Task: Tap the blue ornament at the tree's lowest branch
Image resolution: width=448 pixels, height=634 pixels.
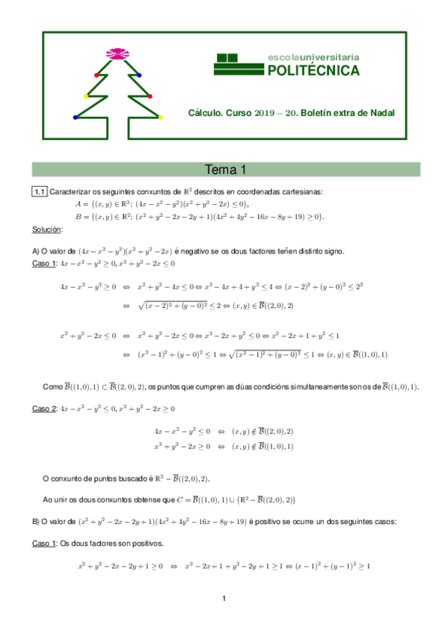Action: pyautogui.click(x=76, y=117)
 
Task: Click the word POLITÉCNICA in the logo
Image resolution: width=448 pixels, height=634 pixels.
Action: pyautogui.click(x=313, y=71)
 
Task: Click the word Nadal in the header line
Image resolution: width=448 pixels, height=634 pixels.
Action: pyautogui.click(x=379, y=113)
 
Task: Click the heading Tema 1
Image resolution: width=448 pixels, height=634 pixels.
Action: pyautogui.click(x=225, y=169)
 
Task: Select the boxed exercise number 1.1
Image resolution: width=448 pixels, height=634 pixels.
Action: pyautogui.click(x=40, y=192)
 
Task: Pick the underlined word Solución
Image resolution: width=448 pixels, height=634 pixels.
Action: pyautogui.click(x=48, y=228)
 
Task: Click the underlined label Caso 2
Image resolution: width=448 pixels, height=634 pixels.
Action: pyautogui.click(x=45, y=409)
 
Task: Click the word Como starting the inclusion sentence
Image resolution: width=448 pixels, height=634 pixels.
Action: pyautogui.click(x=52, y=387)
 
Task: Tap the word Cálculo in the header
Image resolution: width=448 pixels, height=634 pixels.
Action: pyautogui.click(x=203, y=113)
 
